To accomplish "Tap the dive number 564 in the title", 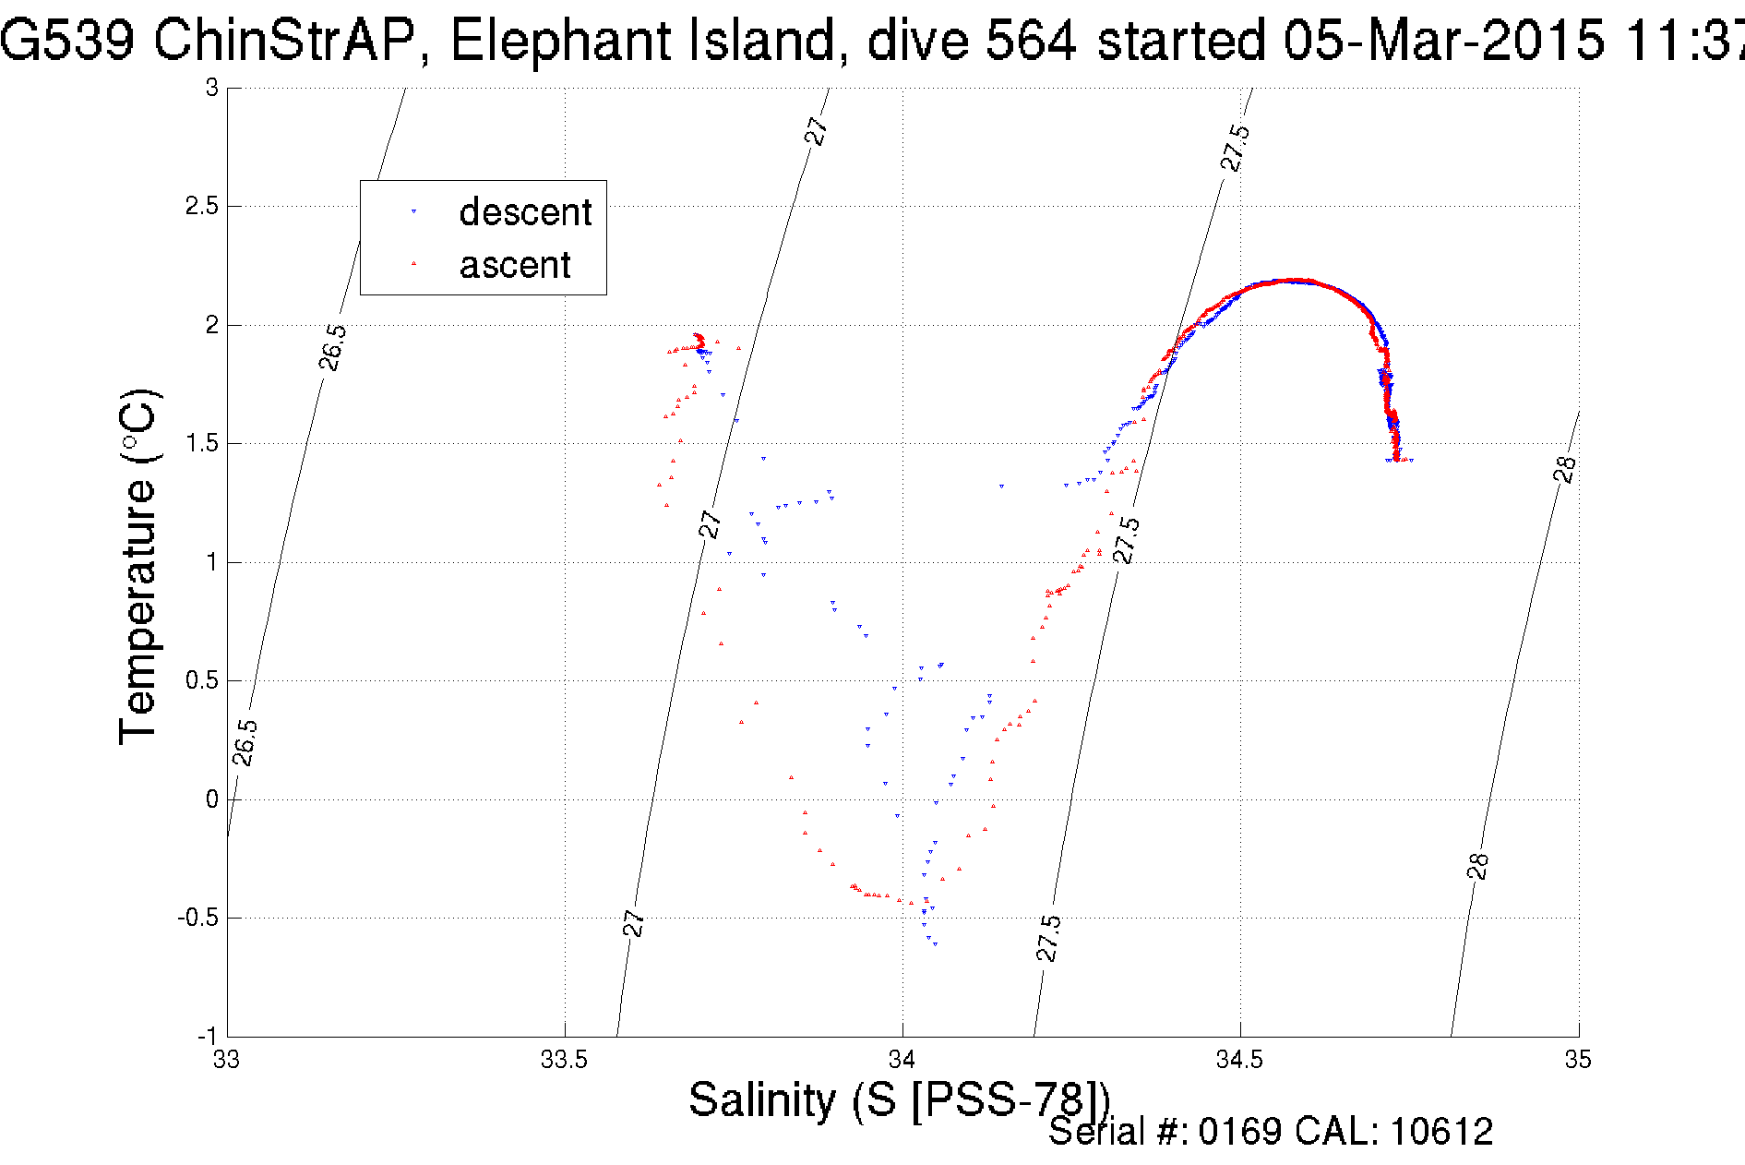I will (x=1031, y=42).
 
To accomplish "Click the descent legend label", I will (x=525, y=212).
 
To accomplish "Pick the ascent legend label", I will (x=515, y=265).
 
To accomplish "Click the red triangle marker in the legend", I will (x=413, y=264).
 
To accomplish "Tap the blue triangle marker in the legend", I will (x=413, y=212).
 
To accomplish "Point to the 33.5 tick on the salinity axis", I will (x=564, y=1060).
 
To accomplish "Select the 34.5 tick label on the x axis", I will (x=1239, y=1060).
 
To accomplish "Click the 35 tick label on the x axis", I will (x=1578, y=1060).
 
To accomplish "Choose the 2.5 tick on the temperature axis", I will (x=202, y=206).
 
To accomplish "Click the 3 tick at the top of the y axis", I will (x=212, y=88).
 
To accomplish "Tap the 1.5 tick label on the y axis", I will (x=202, y=443).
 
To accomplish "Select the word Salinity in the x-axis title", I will (x=762, y=1100).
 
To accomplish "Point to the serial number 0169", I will (x=1239, y=1132).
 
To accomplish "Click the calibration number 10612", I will (x=1440, y=1132).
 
